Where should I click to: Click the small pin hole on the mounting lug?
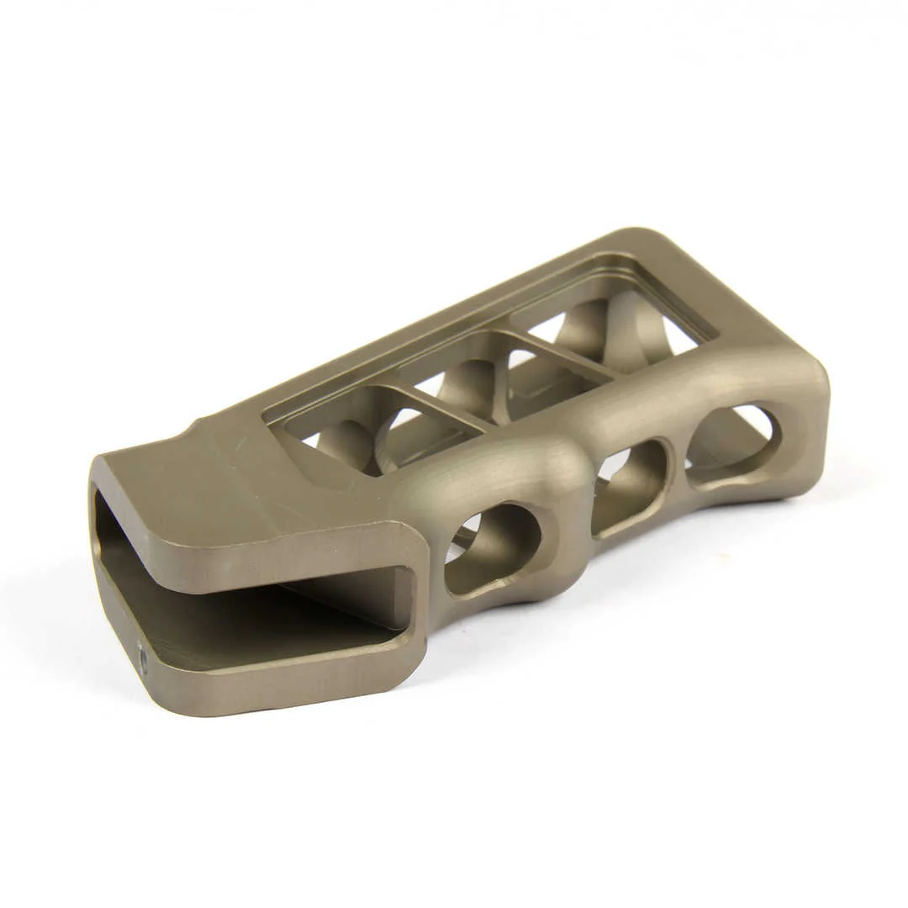click(141, 658)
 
